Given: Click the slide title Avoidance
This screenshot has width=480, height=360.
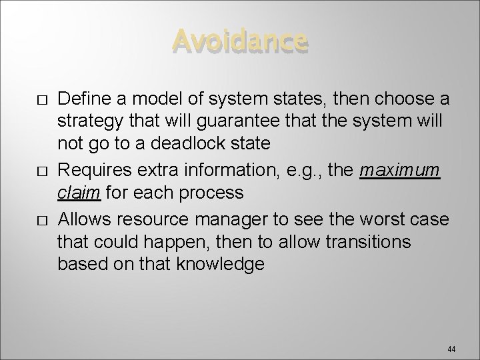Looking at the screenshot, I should point(241,41).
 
